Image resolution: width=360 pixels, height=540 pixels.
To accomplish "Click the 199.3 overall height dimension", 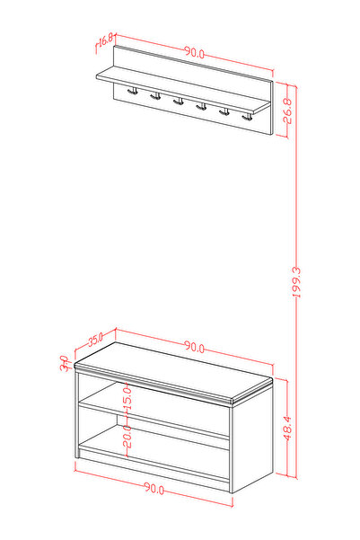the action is point(296,282).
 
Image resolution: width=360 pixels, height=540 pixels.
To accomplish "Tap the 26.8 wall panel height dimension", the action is point(287,111).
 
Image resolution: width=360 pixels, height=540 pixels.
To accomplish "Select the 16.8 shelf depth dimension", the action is point(106,40).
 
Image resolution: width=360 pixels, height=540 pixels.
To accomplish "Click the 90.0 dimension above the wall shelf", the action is point(195,52).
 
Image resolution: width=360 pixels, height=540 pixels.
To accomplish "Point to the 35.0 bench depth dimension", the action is point(95,340).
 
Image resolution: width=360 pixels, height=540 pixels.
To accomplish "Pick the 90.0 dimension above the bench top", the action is point(195,346).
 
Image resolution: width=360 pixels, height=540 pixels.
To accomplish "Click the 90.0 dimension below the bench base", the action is point(154,488).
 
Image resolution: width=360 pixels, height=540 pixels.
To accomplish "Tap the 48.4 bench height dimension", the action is point(287,428).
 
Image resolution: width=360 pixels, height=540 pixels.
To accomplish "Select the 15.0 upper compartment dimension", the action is point(127,398).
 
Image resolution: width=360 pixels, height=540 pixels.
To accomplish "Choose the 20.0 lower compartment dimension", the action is point(127,436).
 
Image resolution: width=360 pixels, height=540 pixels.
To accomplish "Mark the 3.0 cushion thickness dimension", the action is point(64,363).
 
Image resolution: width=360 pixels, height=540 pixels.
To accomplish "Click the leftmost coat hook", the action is point(133,91).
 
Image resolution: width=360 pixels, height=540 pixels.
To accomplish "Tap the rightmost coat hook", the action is point(247,118).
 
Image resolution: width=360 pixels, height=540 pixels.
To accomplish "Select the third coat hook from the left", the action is point(179,102).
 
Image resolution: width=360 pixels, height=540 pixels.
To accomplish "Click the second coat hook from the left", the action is point(155,96).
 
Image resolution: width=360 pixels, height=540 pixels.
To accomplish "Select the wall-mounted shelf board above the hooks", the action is point(183,90).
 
